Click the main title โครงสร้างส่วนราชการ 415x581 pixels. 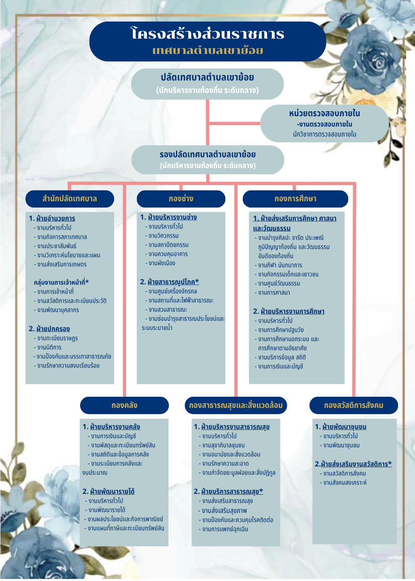click(207, 34)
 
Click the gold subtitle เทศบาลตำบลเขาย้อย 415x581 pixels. click(207, 51)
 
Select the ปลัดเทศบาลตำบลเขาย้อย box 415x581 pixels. click(207, 83)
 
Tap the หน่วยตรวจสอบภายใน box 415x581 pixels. click(325, 123)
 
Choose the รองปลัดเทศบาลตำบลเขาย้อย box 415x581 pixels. click(207, 159)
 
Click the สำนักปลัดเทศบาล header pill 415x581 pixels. click(70, 199)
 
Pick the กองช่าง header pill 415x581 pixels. click(181, 199)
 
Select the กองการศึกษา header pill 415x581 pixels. click(295, 199)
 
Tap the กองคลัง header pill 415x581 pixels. click(124, 405)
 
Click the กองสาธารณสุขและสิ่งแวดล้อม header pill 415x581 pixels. click(236, 405)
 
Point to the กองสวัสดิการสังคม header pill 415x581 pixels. click(354, 405)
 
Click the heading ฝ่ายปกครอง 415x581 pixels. click(53, 329)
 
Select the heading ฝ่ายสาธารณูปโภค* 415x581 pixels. click(173, 282)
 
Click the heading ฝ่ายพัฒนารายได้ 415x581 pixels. click(112, 491)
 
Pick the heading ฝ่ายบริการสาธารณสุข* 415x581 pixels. click(232, 491)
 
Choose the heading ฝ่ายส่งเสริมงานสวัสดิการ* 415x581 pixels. click(356, 464)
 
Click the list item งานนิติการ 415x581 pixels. click(49, 347)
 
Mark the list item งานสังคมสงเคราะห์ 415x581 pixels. click(345, 483)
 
